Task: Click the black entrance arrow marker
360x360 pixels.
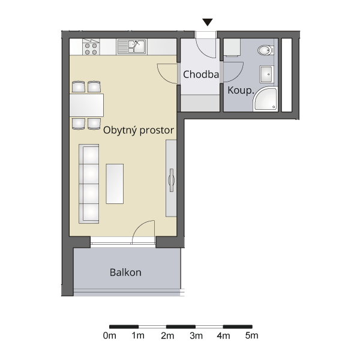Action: pos(208,22)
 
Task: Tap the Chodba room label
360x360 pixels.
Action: pos(201,74)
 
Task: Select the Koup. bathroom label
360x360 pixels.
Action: pos(241,91)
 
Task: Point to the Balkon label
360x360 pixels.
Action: pos(125,272)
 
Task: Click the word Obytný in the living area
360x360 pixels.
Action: pos(120,130)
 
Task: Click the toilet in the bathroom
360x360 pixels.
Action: pos(265,50)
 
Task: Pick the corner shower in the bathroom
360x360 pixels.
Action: pos(265,99)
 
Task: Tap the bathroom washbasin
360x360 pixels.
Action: pos(266,74)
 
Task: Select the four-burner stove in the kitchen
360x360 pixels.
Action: pos(91,47)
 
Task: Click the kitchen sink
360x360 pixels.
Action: pos(131,47)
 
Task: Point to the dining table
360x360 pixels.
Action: pos(86,105)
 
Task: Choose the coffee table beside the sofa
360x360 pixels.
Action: pos(115,184)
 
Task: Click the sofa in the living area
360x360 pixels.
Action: pos(89,184)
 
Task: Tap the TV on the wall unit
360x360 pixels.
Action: pos(171,180)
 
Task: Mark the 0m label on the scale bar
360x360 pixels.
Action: pos(110,335)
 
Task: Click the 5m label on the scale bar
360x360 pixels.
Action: pos(251,335)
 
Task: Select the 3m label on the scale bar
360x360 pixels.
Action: pos(196,335)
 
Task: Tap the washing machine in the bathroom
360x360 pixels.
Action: pos(232,47)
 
